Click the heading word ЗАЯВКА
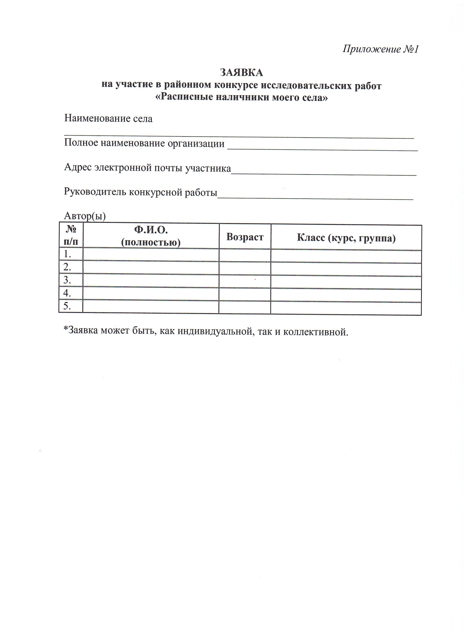point(241,73)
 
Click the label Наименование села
point(108,118)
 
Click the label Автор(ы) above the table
point(85,216)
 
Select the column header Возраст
point(245,237)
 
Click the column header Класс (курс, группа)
point(346,238)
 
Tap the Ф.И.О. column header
point(151,236)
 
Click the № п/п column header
point(71,236)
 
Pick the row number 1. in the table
point(67,254)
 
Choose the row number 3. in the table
point(67,280)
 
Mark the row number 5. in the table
point(67,306)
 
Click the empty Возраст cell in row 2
point(245,268)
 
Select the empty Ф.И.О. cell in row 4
point(151,294)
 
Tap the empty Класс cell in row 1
point(346,256)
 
